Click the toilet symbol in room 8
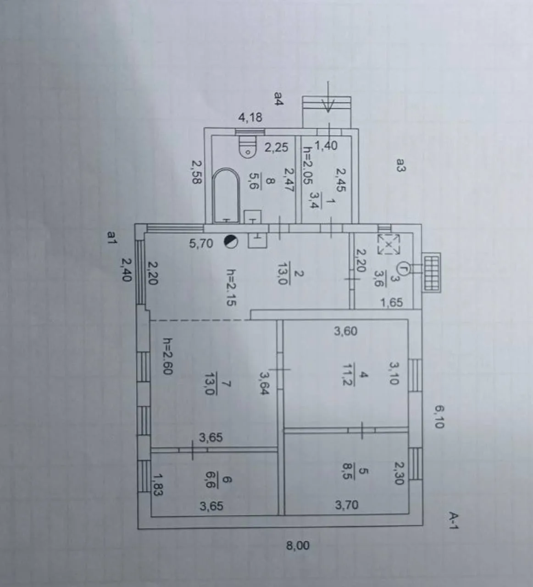(248, 147)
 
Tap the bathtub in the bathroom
(226, 196)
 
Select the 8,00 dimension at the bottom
(297, 546)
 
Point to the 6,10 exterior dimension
(439, 416)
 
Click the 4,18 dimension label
(250, 118)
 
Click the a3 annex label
(401, 165)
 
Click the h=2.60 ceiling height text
(168, 356)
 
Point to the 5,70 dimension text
(201, 243)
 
